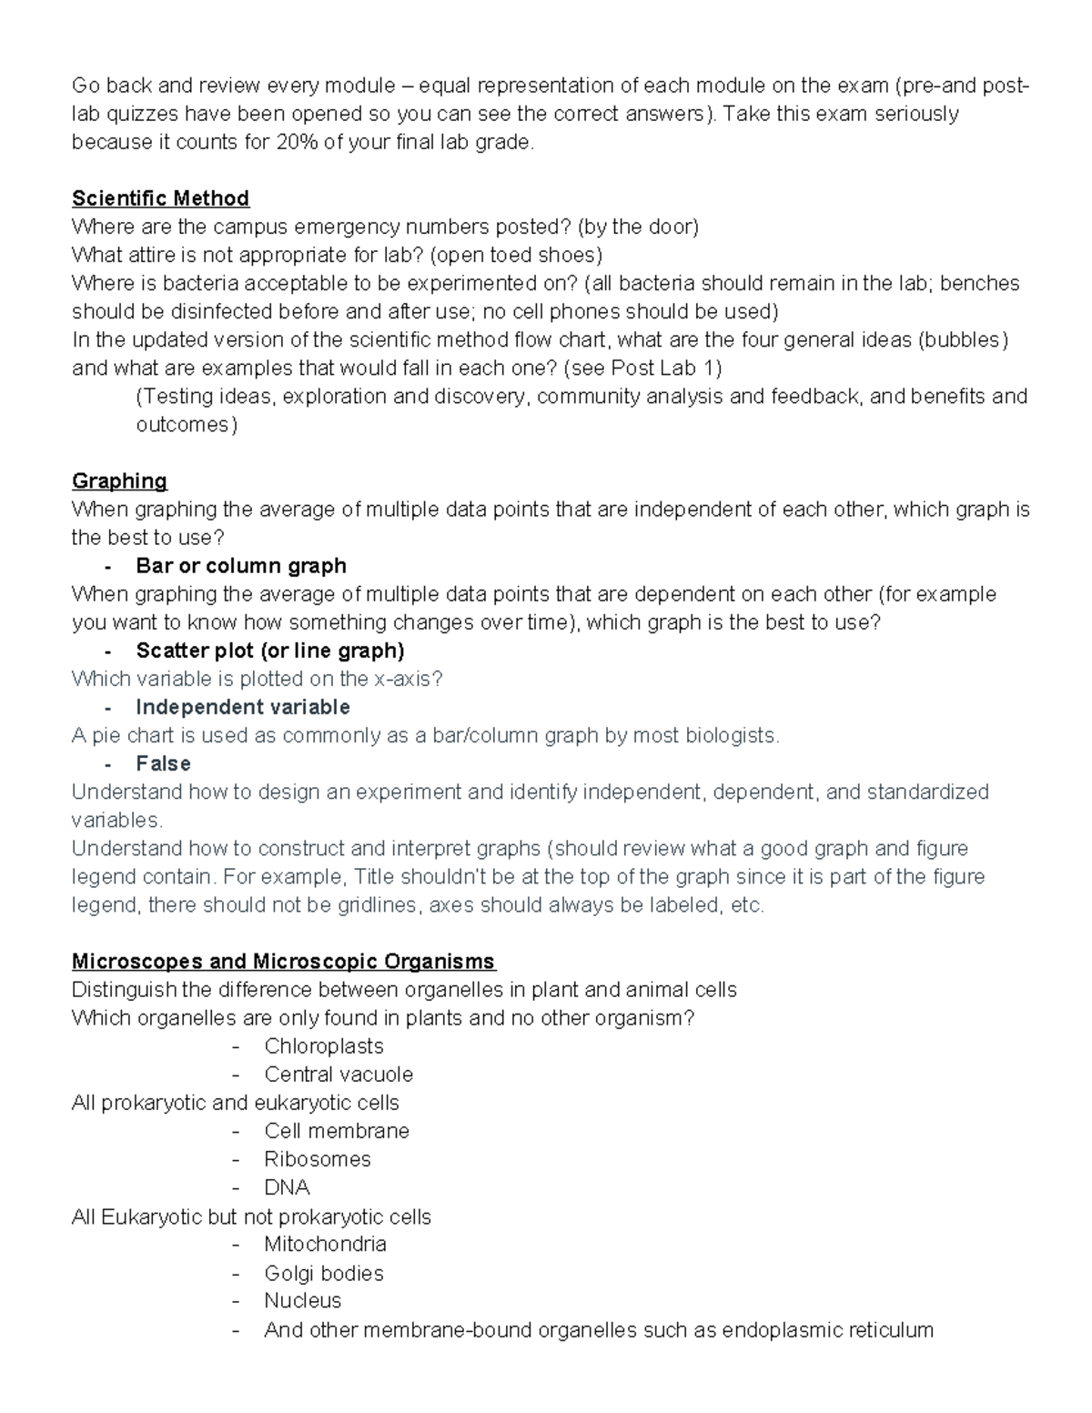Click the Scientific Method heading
(x=160, y=198)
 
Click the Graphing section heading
(x=119, y=480)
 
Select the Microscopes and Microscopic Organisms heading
(x=283, y=961)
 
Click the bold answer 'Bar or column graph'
(x=241, y=566)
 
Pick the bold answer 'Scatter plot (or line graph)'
(x=270, y=651)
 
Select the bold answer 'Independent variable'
(x=243, y=707)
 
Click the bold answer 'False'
(x=163, y=763)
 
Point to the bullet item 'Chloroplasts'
(x=324, y=1046)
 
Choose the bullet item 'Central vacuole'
(x=339, y=1075)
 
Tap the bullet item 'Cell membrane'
(x=337, y=1131)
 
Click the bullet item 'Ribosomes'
(x=318, y=1159)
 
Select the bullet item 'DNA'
(x=287, y=1187)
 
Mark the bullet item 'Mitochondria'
(x=325, y=1244)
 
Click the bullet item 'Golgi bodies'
(x=324, y=1273)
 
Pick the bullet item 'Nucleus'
(x=303, y=1300)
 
